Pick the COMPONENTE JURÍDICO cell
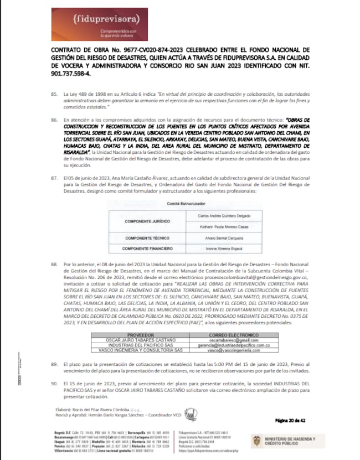[143, 220]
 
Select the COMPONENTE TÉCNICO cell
[143, 239]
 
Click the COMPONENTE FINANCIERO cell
[143, 249]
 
